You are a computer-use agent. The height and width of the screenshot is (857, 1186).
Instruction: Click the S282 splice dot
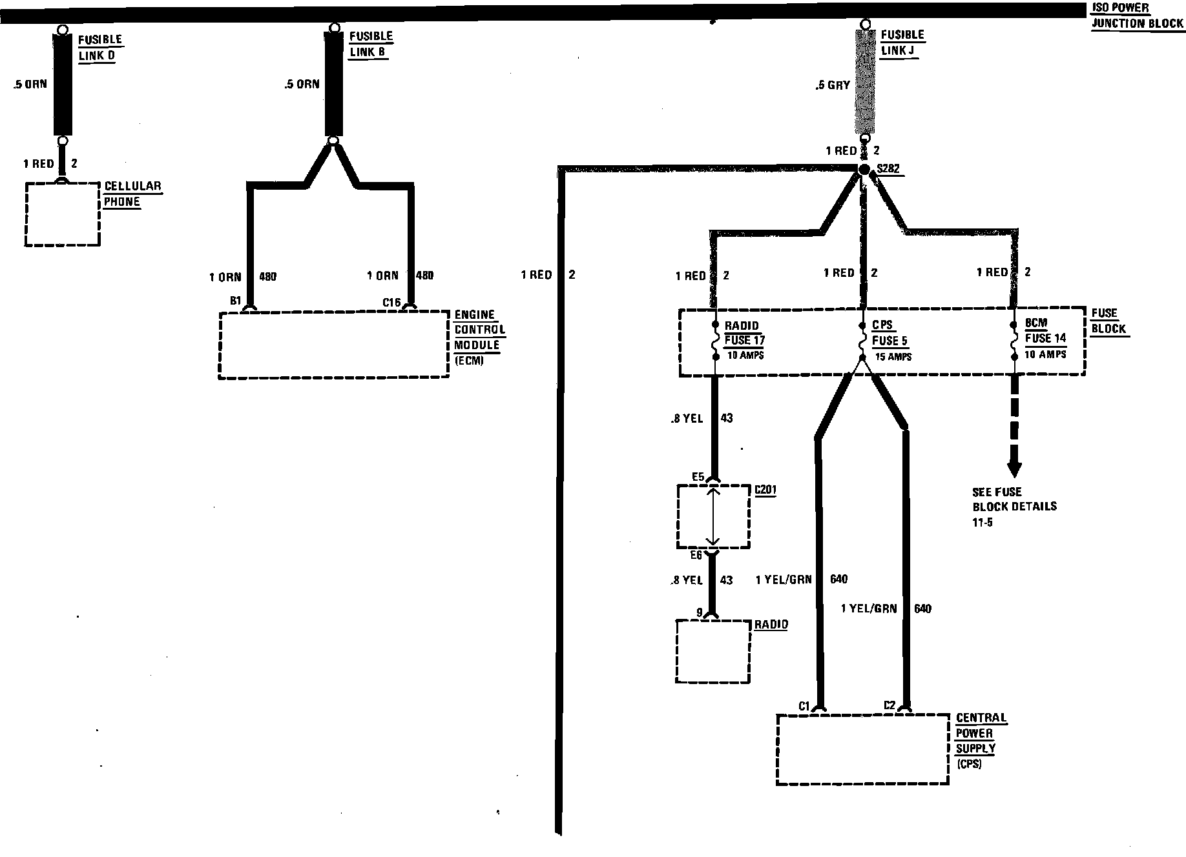(x=864, y=169)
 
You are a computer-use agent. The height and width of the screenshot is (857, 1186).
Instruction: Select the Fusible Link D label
(x=100, y=48)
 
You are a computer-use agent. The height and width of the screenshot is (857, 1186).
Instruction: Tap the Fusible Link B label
(x=371, y=44)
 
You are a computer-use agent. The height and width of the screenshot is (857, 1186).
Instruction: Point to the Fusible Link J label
(x=902, y=43)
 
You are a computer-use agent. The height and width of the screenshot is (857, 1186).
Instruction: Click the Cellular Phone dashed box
(x=63, y=214)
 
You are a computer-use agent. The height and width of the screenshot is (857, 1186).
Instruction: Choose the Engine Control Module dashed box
(x=334, y=345)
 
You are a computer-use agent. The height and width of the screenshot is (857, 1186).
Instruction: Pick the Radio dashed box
(x=713, y=651)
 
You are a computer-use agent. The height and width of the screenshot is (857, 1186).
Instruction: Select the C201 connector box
(x=713, y=516)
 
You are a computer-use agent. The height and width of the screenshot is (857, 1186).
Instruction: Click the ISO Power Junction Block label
(x=1138, y=16)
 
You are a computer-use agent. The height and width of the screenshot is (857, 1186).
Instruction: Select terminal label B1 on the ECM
(x=235, y=301)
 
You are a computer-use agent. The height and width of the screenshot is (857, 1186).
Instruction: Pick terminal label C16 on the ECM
(x=391, y=301)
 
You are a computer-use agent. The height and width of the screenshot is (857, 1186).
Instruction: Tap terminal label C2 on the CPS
(x=889, y=705)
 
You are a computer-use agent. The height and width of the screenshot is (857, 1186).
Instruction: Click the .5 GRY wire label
(x=833, y=85)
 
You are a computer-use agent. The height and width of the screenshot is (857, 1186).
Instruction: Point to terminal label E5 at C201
(x=698, y=477)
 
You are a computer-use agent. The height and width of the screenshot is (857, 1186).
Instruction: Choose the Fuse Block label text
(x=1108, y=321)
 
